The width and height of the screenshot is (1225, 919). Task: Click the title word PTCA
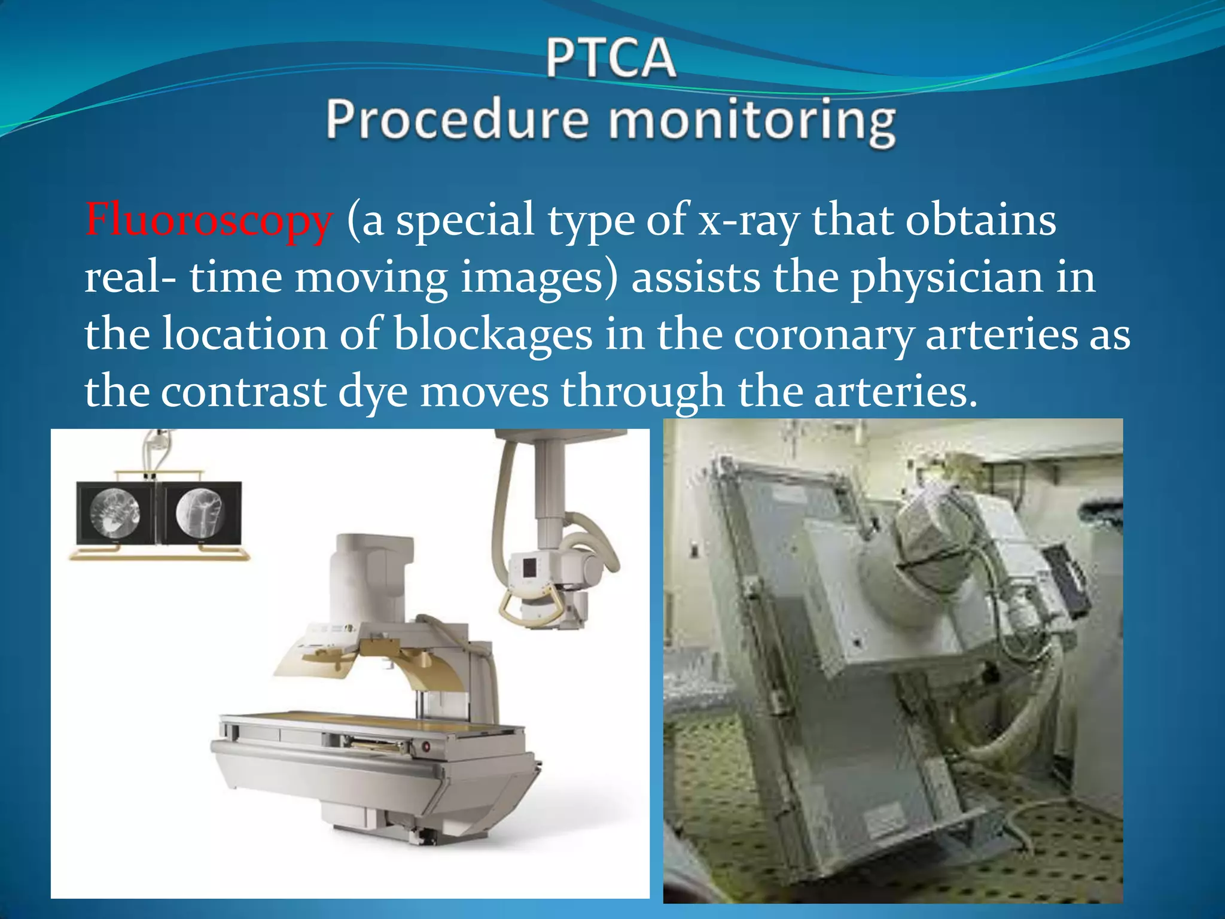point(611,58)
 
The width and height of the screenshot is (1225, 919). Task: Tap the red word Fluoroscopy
point(208,220)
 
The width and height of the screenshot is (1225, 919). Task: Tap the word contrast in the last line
point(243,391)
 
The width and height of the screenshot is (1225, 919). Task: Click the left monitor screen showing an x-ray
point(116,513)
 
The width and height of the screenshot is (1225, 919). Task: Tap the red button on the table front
point(426,746)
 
